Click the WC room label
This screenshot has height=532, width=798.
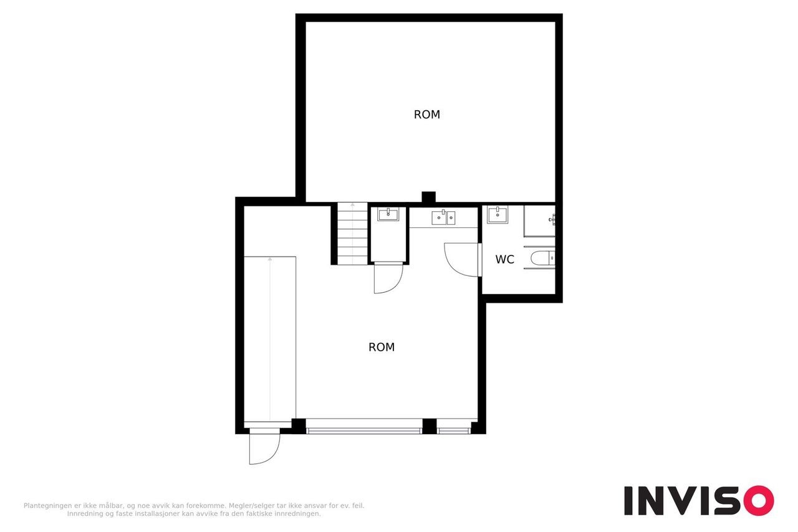coord(504,259)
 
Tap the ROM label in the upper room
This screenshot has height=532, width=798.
coord(427,114)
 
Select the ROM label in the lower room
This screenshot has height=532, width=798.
coord(382,347)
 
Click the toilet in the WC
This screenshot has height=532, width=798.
coord(542,258)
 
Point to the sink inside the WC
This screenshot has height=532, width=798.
coord(498,215)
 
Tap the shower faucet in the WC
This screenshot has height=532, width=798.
coord(552,219)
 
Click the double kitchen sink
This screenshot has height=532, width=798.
coord(443,217)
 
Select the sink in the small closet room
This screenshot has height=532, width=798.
coord(388,214)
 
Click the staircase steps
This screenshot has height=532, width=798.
coord(352,234)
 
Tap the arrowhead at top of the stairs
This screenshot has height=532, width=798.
coord(352,205)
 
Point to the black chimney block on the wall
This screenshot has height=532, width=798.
coord(428,197)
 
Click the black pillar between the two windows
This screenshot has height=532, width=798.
coord(430,426)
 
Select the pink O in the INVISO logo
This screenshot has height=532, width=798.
coord(759,500)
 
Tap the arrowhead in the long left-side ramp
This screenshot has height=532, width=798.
coord(270,259)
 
